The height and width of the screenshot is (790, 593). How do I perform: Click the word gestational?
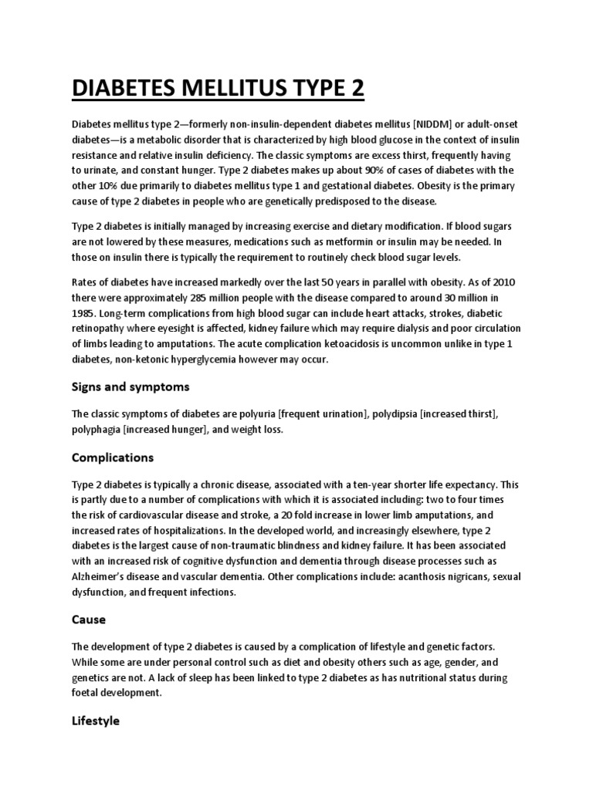point(371,186)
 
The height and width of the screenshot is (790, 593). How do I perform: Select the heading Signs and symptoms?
point(130,387)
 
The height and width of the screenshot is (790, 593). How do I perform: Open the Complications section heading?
point(113,457)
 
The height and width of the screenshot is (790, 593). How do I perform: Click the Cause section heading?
point(89,620)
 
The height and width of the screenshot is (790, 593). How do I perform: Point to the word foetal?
point(86,693)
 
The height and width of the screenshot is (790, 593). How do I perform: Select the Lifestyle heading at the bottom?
point(96,721)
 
